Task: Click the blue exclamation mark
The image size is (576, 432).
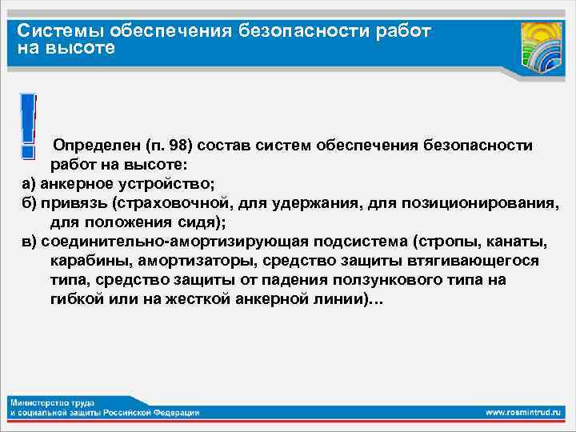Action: tap(28, 124)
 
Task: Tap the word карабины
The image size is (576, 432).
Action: tap(89, 261)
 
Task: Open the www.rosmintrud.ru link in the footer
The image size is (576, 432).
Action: tap(524, 412)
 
